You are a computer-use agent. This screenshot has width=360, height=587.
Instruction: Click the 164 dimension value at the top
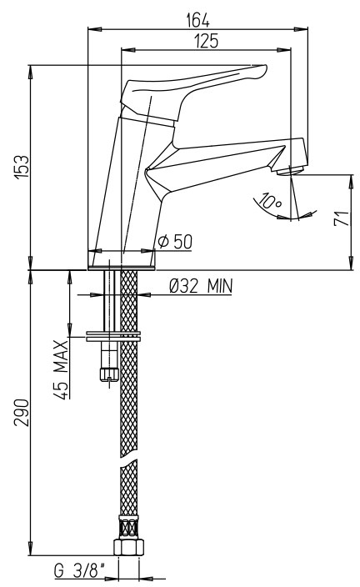[x=198, y=20]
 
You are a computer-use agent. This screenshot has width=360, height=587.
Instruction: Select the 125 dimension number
[x=206, y=41]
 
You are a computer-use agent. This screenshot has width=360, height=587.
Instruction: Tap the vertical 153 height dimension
[x=22, y=166]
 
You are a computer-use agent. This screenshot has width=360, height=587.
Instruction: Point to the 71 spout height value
[x=342, y=218]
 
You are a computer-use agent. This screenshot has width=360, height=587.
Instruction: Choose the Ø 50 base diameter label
[x=175, y=242]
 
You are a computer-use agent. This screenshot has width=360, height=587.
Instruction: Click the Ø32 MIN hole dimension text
[x=201, y=286]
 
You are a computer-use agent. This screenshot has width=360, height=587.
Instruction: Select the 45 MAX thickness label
[x=62, y=369]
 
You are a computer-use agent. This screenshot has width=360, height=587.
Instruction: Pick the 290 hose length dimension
[x=22, y=412]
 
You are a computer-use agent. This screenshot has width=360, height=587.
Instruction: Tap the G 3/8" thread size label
[x=79, y=571]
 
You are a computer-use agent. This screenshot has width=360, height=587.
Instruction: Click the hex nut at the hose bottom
[x=128, y=547]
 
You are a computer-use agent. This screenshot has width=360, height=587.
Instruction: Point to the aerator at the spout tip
[x=290, y=170]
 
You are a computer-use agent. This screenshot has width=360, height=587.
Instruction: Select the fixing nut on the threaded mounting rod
[x=109, y=374]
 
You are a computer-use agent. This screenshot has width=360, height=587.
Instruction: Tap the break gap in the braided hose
[x=128, y=459]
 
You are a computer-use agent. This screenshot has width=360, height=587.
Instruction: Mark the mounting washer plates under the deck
[x=113, y=336]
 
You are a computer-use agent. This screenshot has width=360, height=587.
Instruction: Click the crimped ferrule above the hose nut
[x=128, y=527]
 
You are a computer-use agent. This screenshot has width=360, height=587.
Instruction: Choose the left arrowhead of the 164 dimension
[x=94, y=29]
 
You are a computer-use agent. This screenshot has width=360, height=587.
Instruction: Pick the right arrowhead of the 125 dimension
[x=283, y=50]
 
